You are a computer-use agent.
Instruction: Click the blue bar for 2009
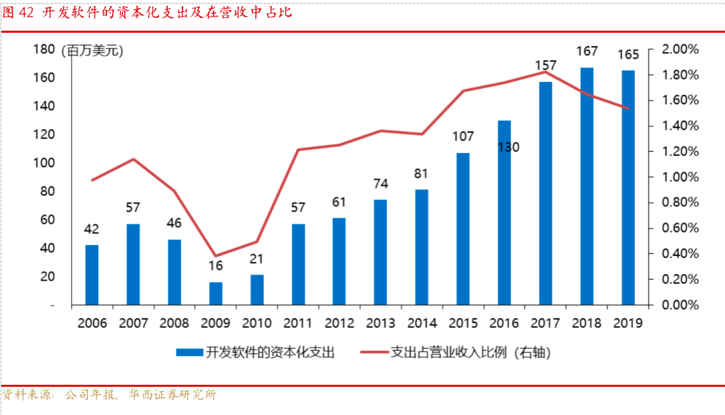point(215,293)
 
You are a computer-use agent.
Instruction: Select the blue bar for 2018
point(587,187)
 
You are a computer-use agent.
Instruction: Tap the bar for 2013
point(380,252)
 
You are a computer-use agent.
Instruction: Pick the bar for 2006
point(92,275)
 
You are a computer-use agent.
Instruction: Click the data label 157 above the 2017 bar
point(546,66)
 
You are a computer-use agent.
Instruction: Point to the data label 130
point(508,146)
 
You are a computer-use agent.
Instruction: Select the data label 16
point(215,266)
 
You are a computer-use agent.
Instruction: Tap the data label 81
point(422,174)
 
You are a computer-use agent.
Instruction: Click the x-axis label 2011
point(297,323)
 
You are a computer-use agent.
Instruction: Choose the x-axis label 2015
point(463,323)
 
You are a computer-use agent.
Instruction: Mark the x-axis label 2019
point(628,323)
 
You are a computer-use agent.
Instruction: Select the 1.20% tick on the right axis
point(680,152)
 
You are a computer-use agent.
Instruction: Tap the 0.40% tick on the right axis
point(680,254)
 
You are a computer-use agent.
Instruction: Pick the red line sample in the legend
point(374,352)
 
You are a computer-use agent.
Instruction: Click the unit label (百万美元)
point(93,50)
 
